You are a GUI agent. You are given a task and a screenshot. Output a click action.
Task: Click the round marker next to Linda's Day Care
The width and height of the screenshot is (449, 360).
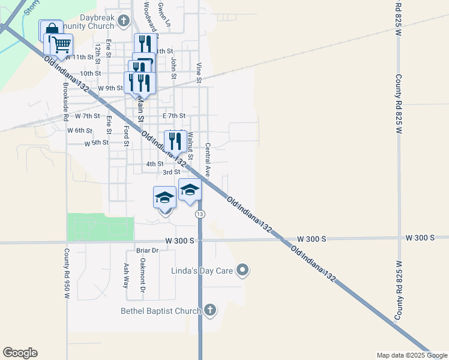[x=243, y=271]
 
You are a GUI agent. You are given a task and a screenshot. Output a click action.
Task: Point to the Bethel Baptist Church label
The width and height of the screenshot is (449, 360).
[x=160, y=311]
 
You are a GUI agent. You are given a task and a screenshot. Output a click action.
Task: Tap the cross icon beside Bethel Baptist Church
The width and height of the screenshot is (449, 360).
[x=209, y=310]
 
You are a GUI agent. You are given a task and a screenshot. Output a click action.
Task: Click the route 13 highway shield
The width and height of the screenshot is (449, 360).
[x=200, y=214]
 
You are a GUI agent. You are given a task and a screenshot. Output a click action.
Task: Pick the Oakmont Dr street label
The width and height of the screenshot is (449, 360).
[x=143, y=275]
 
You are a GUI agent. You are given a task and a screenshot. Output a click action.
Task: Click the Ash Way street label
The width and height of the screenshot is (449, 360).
[x=126, y=275]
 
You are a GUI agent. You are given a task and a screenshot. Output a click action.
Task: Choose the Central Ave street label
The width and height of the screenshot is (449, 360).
[x=208, y=159]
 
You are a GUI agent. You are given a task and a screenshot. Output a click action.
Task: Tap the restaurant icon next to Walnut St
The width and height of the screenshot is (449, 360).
[x=175, y=142]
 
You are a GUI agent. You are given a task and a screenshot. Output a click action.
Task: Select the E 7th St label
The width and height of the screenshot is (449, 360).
[x=174, y=115]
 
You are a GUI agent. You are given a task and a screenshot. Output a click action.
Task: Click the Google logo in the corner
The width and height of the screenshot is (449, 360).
[x=20, y=353]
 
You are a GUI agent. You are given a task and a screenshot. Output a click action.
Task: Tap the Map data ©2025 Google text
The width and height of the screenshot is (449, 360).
[x=411, y=355]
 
